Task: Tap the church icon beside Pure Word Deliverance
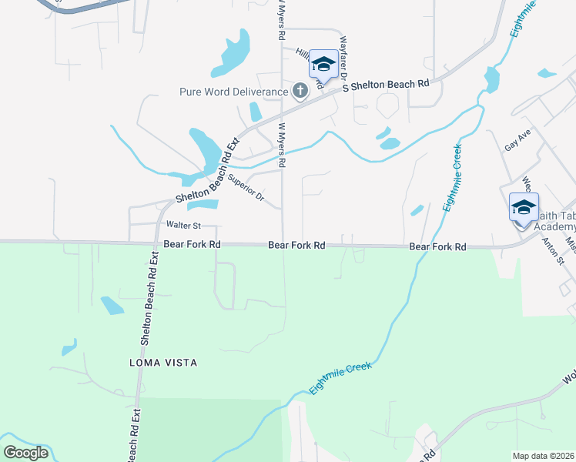pos(300,92)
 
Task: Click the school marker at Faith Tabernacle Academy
pos(524,208)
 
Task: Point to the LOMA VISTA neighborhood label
pos(164,362)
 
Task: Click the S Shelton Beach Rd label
pos(385,85)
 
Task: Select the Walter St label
pos(183,226)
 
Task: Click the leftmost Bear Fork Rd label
pos(193,244)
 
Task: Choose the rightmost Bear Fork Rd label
pos(438,247)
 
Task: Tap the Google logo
pos(25,453)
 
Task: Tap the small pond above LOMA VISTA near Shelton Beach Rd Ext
pos(112,305)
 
